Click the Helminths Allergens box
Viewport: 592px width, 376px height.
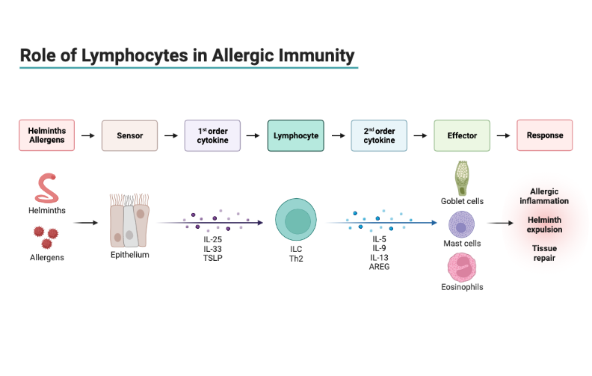click(x=46, y=136)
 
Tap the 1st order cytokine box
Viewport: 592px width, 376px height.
click(x=212, y=136)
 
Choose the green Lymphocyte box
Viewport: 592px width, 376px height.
click(x=295, y=136)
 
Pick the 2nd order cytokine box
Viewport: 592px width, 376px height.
click(x=379, y=136)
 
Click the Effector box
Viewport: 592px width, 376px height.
click(x=462, y=136)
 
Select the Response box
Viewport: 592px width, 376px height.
click(x=545, y=136)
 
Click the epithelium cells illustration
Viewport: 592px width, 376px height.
click(x=129, y=222)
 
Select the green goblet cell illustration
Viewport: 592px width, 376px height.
click(x=461, y=178)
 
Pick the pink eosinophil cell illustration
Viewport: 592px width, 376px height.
click(x=461, y=268)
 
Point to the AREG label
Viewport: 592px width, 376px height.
click(x=379, y=266)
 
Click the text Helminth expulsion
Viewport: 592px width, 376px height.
click(x=544, y=224)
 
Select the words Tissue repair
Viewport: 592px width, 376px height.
click(x=544, y=253)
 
